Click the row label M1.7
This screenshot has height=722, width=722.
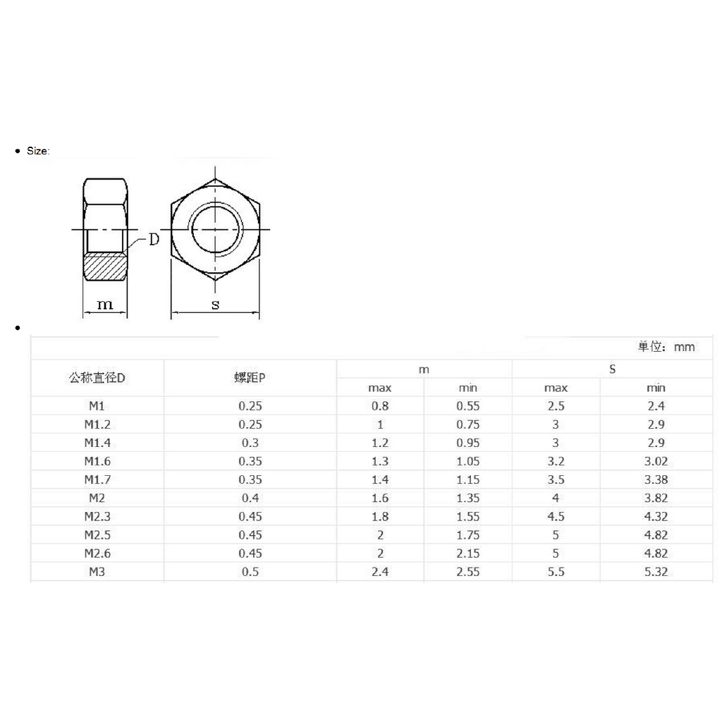point(97,479)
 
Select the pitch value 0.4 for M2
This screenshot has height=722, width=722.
point(250,498)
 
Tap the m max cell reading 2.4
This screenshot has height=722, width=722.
point(380,572)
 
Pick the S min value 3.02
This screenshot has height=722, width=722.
point(656,461)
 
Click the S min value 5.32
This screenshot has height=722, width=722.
point(656,572)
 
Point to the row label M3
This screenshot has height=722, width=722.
point(97,572)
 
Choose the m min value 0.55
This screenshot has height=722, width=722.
point(467,406)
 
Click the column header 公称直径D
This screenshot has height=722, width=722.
point(97,378)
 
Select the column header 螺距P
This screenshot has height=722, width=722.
point(250,378)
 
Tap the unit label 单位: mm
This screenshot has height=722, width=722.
point(666,347)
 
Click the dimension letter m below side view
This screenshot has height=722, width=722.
point(105,304)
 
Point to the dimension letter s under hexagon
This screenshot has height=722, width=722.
point(215,305)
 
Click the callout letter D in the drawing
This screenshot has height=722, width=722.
point(154,240)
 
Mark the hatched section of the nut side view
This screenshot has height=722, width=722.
point(106,267)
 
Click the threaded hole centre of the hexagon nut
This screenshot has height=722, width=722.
point(215,229)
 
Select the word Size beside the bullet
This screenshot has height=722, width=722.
point(38,151)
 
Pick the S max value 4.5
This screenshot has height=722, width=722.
point(556,516)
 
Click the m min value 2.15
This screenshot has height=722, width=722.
point(467,553)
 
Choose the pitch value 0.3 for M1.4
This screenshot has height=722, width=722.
point(250,443)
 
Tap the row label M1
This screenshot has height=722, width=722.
point(97,406)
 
